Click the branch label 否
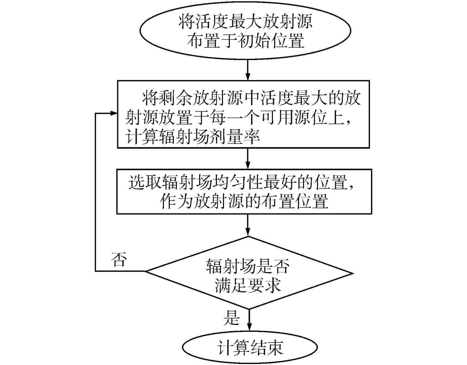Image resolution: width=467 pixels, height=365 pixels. [119, 259]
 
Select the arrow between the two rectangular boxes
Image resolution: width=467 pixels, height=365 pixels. [248, 159]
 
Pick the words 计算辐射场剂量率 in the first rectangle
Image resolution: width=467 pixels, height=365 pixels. [193, 138]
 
